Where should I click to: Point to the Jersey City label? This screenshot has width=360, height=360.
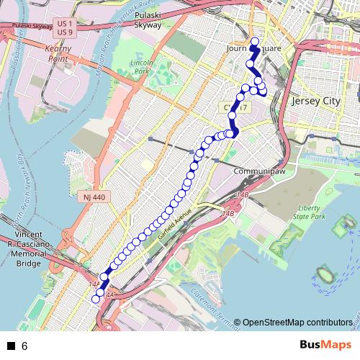(x=315, y=102)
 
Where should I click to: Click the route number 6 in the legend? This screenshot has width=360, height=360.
(x=24, y=346)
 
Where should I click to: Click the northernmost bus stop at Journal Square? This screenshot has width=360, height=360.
(x=254, y=40)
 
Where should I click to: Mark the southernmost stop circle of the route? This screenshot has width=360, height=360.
(x=96, y=299)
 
